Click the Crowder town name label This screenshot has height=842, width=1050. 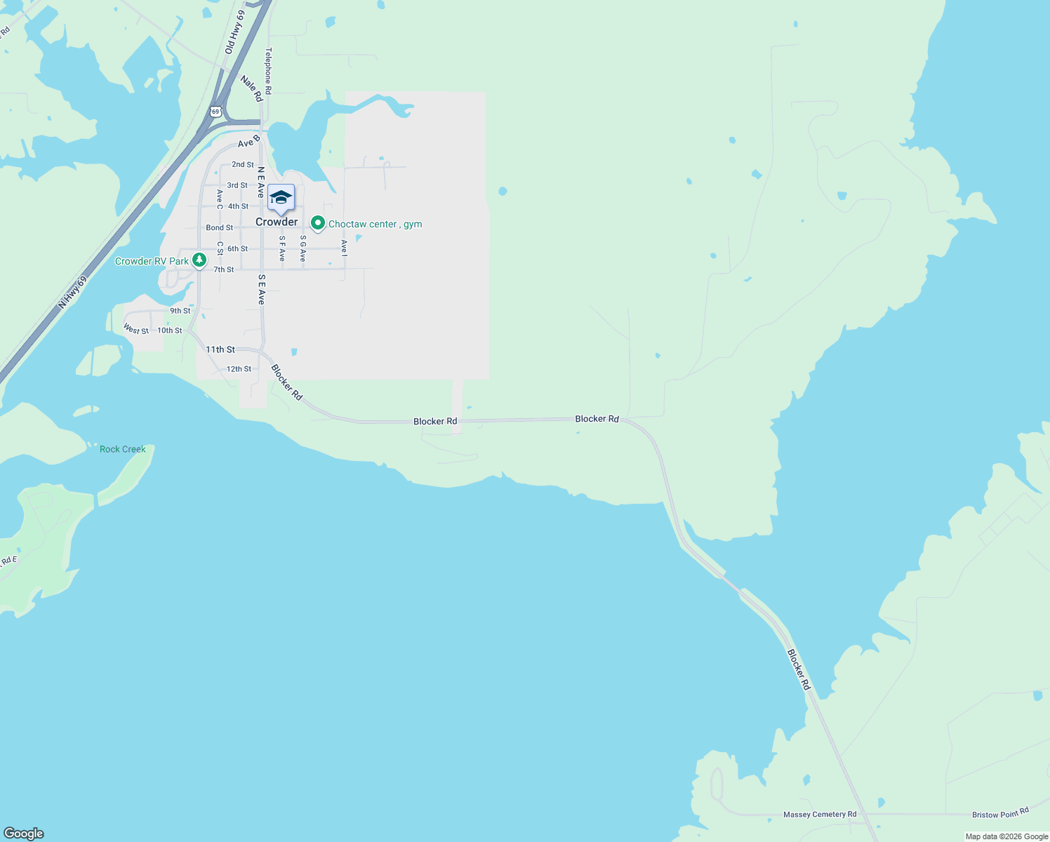click(277, 222)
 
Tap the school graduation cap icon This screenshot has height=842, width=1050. click(281, 198)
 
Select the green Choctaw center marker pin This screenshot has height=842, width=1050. click(317, 223)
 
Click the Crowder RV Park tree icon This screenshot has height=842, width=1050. click(199, 260)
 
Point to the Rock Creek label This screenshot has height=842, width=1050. click(123, 449)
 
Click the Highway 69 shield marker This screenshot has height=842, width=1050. click(215, 112)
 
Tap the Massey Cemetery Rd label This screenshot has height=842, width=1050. click(820, 815)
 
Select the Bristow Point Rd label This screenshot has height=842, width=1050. click(1000, 813)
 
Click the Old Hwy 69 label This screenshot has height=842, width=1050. click(235, 33)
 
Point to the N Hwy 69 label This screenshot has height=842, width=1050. click(72, 292)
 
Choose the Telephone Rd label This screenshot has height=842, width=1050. click(268, 70)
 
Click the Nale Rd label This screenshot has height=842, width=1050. click(251, 88)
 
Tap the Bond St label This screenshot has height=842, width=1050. click(220, 227)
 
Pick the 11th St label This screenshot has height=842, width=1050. click(220, 349)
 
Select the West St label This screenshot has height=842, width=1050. click(136, 329)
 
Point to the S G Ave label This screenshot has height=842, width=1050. click(303, 248)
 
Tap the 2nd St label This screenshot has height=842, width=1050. click(243, 164)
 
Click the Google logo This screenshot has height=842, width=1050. click(24, 834)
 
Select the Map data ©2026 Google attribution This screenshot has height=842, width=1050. click(1006, 836)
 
